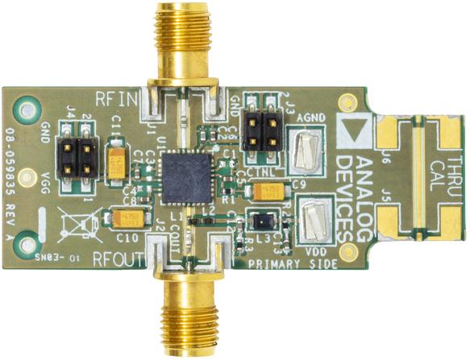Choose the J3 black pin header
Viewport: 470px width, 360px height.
[x=256, y=128]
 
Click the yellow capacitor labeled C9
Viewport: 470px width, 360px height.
[x=267, y=191]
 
